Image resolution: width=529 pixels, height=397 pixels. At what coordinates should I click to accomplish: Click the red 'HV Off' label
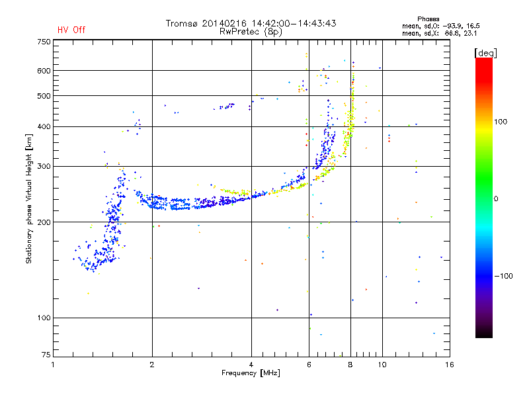71,30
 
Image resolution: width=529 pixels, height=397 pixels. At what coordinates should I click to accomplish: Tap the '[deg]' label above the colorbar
486,52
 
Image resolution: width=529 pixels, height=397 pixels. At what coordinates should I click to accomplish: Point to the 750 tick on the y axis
44,41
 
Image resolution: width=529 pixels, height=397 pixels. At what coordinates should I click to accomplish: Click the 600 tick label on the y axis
44,71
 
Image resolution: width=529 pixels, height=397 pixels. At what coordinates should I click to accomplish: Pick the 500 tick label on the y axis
44,96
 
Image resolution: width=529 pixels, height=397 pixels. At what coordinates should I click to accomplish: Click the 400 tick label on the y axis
44,126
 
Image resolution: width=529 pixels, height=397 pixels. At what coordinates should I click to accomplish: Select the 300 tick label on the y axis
44,167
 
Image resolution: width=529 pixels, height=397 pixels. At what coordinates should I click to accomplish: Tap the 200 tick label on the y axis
44,222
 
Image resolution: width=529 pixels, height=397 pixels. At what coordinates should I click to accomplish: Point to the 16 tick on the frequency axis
449,364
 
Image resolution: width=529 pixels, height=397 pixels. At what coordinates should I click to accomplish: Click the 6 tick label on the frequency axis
309,364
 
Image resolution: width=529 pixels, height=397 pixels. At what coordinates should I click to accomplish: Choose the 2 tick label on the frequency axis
152,364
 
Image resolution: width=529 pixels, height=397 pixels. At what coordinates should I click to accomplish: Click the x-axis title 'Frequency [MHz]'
251,373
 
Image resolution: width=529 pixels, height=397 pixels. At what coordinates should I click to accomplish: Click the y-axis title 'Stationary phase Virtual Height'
29,198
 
